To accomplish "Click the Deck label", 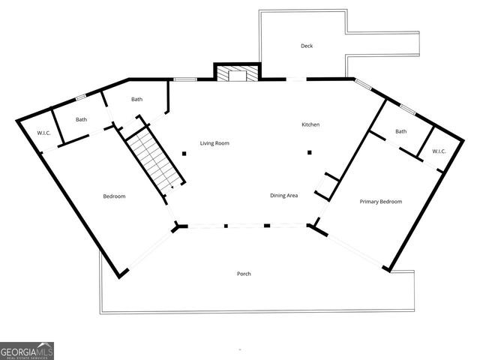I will coord(306,46).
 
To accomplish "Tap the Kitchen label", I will coord(310,124).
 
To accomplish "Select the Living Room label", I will coord(214,142).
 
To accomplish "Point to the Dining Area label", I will coord(284,196).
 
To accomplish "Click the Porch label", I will coord(244,274).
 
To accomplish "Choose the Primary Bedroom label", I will coord(380,202).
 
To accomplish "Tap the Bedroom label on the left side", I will coord(114,196).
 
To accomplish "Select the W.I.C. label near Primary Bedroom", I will coord(439,151).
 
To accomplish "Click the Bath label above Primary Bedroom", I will coord(400,131).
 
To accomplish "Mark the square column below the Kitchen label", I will coord(309,153).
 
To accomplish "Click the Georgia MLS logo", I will coord(27,350).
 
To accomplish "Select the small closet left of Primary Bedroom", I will coord(326,186).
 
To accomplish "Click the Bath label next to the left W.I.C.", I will coord(81,119).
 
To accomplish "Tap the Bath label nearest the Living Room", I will coord(137,99).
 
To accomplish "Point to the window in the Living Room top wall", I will coord(184,79).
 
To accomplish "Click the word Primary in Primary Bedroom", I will coord(370,202).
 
